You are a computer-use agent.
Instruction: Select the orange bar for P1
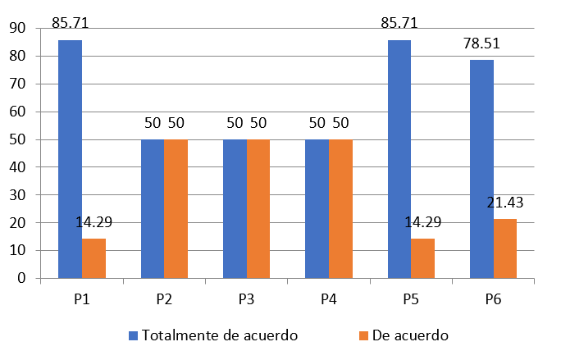click(x=93, y=258)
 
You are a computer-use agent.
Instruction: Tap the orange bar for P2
click(x=176, y=209)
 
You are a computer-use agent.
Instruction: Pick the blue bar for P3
click(x=235, y=209)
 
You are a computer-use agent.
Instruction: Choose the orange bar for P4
click(x=340, y=209)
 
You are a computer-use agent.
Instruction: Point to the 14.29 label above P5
click(x=424, y=221)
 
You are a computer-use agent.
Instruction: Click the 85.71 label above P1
click(x=71, y=22)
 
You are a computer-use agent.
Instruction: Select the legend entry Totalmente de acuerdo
click(x=212, y=335)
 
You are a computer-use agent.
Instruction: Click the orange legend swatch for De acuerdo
click(x=363, y=335)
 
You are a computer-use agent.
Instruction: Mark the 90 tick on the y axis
click(x=17, y=29)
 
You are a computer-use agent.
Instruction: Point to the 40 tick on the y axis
click(x=17, y=167)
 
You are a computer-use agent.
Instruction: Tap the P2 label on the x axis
click(x=164, y=299)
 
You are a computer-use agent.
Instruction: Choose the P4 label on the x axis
click(x=329, y=299)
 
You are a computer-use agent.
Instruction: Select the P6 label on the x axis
click(x=493, y=299)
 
